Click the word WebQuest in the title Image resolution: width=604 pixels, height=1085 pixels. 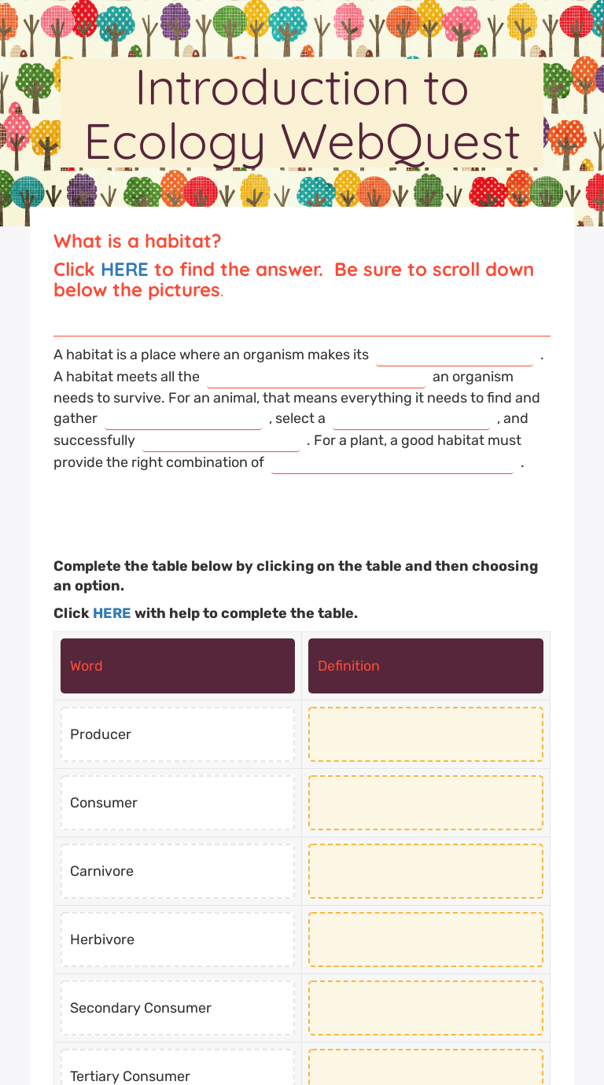pyautogui.click(x=401, y=142)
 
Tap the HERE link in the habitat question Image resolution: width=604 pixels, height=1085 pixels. pyautogui.click(x=124, y=270)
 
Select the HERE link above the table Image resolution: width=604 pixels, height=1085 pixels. pyautogui.click(x=112, y=613)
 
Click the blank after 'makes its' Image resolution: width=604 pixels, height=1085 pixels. pyautogui.click(x=455, y=356)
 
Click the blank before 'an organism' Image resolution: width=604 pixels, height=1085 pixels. pyautogui.click(x=316, y=378)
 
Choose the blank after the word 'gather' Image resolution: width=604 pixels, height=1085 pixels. pyautogui.click(x=183, y=420)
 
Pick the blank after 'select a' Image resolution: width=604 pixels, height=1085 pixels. pyautogui.click(x=411, y=420)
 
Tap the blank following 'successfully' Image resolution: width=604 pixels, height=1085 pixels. pyautogui.click(x=221, y=442)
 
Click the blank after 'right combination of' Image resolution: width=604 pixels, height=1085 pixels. pyautogui.click(x=392, y=464)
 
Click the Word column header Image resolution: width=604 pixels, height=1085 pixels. pyautogui.click(x=178, y=666)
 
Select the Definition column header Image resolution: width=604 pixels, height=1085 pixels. pyautogui.click(x=425, y=666)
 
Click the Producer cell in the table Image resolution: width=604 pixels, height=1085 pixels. pyautogui.click(x=178, y=734)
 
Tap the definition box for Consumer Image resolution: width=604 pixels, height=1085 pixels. pyautogui.click(x=425, y=803)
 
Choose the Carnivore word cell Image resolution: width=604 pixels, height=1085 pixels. pyautogui.click(x=178, y=871)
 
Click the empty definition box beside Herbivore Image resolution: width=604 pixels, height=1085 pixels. pyautogui.click(x=425, y=940)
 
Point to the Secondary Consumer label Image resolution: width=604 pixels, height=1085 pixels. pyautogui.click(x=141, y=1008)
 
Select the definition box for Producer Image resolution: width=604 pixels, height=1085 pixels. pyautogui.click(x=425, y=734)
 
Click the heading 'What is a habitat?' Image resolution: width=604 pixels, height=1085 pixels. pyautogui.click(x=138, y=241)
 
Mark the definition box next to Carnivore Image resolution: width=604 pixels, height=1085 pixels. pyautogui.click(x=425, y=871)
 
